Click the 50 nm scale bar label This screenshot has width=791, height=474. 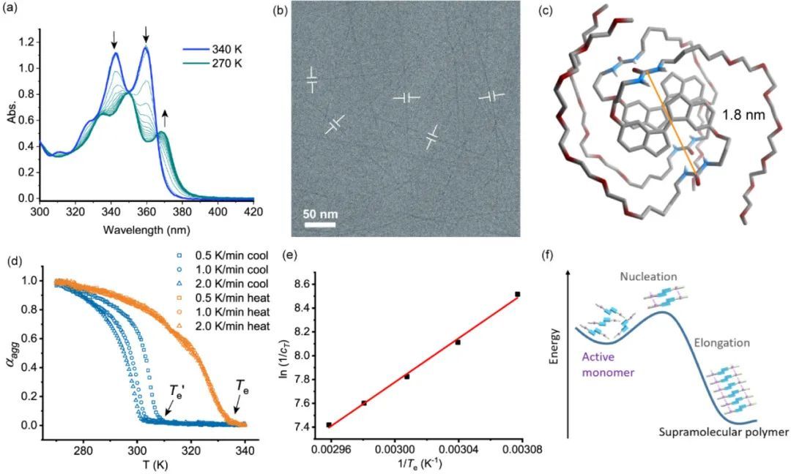click(x=319, y=215)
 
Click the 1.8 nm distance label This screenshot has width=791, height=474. click(x=740, y=115)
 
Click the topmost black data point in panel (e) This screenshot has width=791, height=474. click(x=518, y=294)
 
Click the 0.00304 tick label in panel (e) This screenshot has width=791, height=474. click(x=458, y=449)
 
